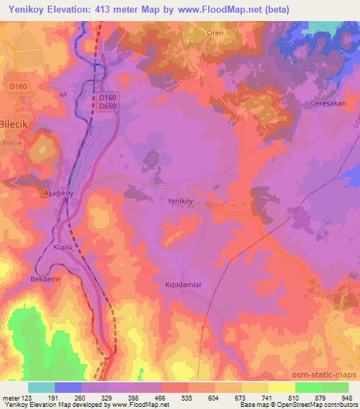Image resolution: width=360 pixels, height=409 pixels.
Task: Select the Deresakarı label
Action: [x=326, y=103]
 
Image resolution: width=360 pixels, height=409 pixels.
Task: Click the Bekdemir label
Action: [x=47, y=280]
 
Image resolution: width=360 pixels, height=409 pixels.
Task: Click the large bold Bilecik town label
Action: [x=18, y=119]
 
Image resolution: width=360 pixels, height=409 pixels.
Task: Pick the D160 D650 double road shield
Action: [x=107, y=101]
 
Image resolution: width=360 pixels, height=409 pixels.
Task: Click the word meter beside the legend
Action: [x=11, y=398]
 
